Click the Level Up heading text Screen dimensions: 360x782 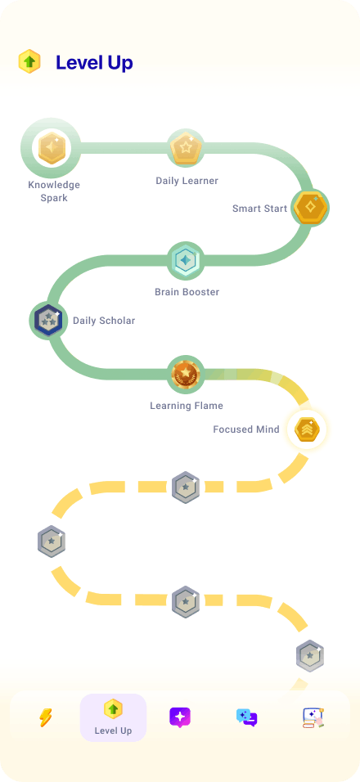[x=94, y=63]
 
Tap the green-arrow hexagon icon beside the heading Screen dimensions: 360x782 [x=29, y=62]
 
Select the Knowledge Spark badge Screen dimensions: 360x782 [x=52, y=148]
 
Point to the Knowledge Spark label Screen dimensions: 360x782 [x=54, y=191]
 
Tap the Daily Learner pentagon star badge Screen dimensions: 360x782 [x=186, y=147]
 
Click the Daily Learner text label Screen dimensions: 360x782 [x=187, y=181]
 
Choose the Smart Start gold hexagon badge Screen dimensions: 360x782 [x=310, y=208]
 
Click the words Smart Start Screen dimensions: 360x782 [x=260, y=209]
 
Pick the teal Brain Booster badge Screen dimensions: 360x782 [x=186, y=260]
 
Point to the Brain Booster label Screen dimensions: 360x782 [x=187, y=292]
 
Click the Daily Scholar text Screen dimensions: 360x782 [x=104, y=320]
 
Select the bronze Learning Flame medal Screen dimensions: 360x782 [x=186, y=374]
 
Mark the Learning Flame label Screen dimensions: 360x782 [x=187, y=406]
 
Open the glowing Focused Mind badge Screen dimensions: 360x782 [x=306, y=429]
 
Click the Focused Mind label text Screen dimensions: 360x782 [x=246, y=429]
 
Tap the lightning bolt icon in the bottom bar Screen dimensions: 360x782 [x=46, y=717]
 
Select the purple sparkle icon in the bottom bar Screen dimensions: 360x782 [x=180, y=717]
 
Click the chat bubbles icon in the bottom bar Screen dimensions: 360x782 [x=247, y=717]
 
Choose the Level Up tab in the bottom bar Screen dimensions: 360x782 [x=113, y=717]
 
